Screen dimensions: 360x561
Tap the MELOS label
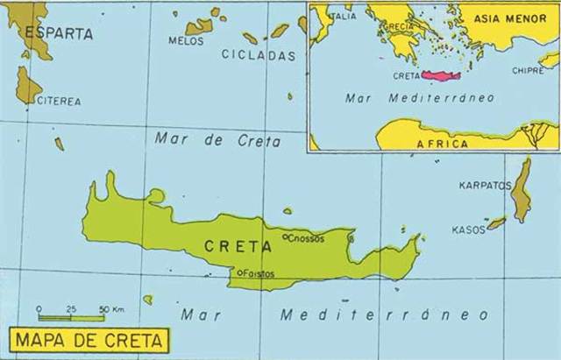click(x=185, y=40)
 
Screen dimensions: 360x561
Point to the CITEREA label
click(x=59, y=102)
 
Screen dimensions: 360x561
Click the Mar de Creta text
click(x=217, y=139)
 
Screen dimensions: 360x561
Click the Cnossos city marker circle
click(x=284, y=236)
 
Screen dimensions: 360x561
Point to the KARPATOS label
click(x=485, y=186)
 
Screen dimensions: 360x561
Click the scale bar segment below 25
click(x=72, y=317)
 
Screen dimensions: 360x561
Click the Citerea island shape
click(x=27, y=86)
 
